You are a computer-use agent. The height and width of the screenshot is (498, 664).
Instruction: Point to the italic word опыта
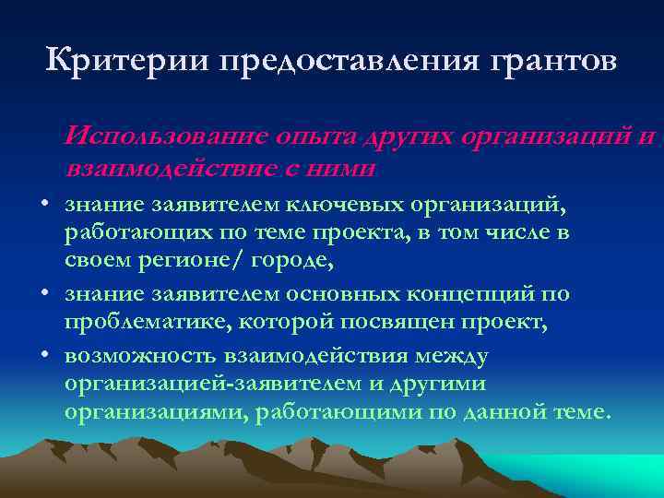[x=312, y=136]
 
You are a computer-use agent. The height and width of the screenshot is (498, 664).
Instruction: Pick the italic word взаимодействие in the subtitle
[x=169, y=169]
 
